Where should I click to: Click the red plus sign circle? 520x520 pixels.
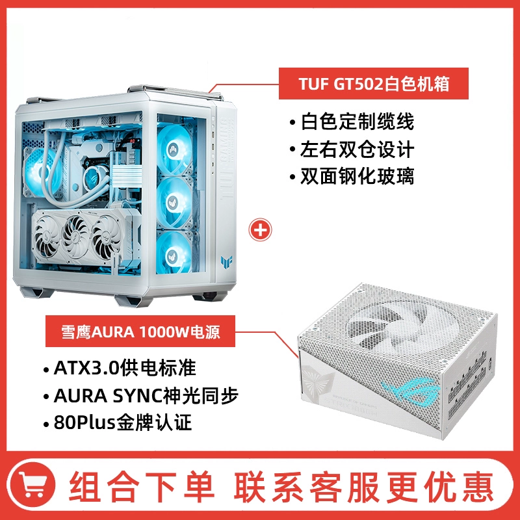pos(261,229)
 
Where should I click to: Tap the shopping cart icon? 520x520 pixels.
pos(31,484)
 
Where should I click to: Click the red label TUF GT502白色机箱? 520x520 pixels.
pos(373,84)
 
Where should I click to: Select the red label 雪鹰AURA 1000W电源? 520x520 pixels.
pos(140,331)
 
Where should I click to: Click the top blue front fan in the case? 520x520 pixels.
pos(174,148)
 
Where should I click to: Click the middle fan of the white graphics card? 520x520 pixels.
pos(76,237)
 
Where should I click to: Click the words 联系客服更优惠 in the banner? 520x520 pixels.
pos(363,486)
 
